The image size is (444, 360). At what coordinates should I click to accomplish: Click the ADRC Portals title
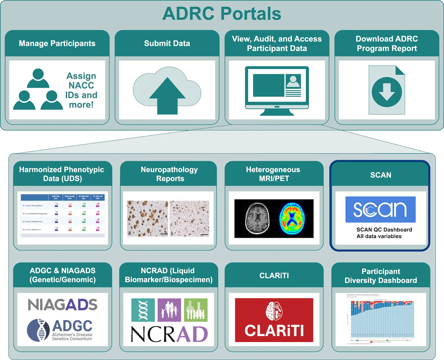tap(222, 14)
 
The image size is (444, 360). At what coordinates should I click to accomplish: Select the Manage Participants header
tap(57, 43)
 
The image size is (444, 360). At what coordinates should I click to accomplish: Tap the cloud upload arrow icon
tap(167, 95)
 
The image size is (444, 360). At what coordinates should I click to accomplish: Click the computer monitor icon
tap(277, 90)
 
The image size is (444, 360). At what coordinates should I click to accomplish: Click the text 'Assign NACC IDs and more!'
tap(81, 90)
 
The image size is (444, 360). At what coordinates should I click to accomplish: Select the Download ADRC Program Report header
tap(387, 43)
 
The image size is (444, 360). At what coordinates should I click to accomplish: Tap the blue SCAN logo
tap(380, 209)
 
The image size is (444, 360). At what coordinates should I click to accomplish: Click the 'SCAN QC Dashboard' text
tap(384, 230)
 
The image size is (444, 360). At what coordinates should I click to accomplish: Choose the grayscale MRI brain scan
tap(257, 218)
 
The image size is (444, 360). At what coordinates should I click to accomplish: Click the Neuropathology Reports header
tap(169, 174)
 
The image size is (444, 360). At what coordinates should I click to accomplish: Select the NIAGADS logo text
tap(62, 305)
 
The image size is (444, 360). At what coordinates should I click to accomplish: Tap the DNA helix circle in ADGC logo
tap(39, 330)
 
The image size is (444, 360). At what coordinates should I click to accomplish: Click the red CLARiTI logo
tap(274, 320)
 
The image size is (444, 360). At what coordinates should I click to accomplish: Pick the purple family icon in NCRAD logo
tap(169, 310)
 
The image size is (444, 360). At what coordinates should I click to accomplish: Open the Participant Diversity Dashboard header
tap(381, 276)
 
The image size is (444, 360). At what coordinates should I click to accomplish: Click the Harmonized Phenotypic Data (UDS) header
tap(62, 174)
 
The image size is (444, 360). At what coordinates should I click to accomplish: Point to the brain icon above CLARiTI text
tap(274, 311)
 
